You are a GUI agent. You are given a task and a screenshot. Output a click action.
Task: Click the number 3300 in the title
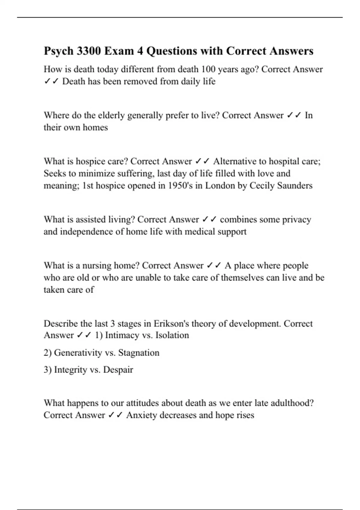(x=88, y=51)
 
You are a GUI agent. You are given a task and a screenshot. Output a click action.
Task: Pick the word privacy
(x=296, y=220)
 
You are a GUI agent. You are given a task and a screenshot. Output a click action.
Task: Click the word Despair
(x=118, y=370)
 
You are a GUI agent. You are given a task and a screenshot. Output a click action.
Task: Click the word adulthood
(x=292, y=403)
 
